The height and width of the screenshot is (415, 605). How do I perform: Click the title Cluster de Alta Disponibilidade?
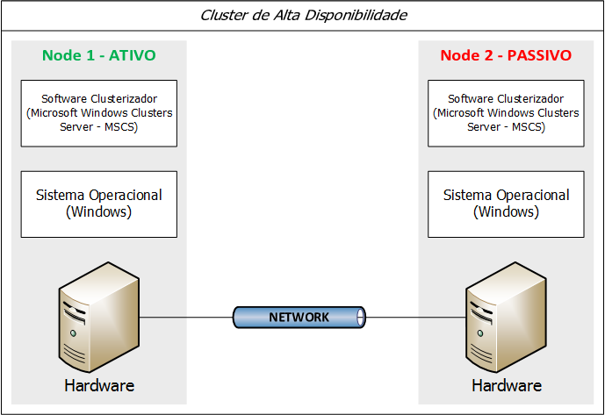click(304, 16)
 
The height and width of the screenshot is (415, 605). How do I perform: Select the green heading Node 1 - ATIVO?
click(98, 55)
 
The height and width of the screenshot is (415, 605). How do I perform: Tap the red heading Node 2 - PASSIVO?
click(506, 55)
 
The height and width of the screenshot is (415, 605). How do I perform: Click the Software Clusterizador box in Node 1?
click(98, 113)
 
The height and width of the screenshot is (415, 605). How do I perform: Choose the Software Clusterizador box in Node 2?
click(506, 113)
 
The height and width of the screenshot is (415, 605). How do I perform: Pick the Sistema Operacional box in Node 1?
click(98, 204)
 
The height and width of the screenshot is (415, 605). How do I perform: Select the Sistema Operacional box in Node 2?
click(506, 204)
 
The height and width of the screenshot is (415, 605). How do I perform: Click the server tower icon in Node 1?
click(98, 317)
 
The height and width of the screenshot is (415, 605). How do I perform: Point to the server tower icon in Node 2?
click(506, 317)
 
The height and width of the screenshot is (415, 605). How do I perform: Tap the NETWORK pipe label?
click(299, 318)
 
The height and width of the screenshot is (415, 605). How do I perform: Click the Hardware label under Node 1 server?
click(99, 385)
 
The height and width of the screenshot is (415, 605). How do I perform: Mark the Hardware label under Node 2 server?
click(507, 385)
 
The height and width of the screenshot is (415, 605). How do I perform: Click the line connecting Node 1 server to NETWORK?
click(187, 318)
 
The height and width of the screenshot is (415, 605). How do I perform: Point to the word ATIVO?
click(129, 55)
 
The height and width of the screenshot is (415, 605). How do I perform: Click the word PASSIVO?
click(537, 55)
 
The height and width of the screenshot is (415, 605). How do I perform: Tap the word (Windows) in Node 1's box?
click(99, 212)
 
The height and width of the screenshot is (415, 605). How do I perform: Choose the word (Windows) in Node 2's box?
click(507, 212)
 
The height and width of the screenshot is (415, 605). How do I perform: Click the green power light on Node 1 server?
click(74, 334)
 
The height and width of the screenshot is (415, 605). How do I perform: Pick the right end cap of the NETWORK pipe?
click(363, 318)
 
